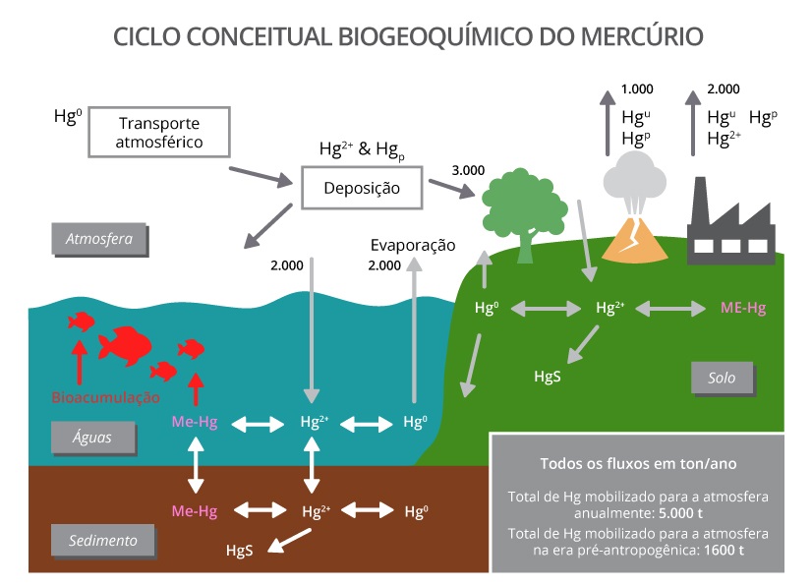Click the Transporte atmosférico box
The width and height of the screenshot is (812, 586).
(x=158, y=133)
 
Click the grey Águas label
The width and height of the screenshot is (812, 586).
(x=94, y=439)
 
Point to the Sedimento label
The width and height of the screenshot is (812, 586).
(x=102, y=540)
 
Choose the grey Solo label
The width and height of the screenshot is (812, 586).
(x=722, y=378)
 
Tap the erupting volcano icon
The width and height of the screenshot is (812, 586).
(x=631, y=217)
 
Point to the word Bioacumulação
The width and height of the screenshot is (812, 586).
(x=105, y=397)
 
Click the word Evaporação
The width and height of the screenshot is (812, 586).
(x=413, y=245)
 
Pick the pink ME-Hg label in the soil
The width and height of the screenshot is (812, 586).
(x=742, y=308)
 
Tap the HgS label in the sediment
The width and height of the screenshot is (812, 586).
(x=239, y=551)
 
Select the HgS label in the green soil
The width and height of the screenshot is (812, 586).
(x=548, y=376)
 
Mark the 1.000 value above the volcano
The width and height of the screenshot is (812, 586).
(x=637, y=89)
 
